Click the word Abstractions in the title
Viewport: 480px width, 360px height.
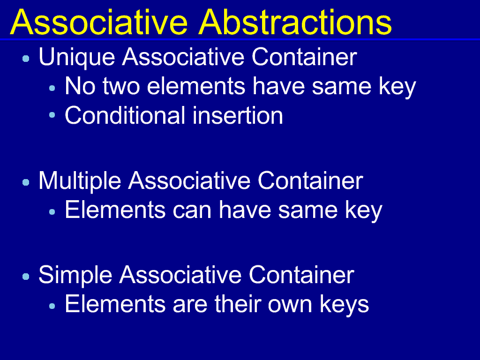point(295,22)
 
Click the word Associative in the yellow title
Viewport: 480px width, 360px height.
point(99,22)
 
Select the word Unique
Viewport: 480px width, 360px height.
point(77,58)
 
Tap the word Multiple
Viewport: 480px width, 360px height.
point(80,181)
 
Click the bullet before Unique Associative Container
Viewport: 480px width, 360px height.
point(26,59)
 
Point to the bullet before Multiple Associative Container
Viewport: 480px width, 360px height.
point(26,183)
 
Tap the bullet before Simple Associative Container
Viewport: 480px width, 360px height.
point(26,277)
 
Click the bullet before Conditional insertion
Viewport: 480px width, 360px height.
point(52,115)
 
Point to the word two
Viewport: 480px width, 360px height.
point(121,86)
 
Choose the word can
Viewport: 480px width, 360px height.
point(192,210)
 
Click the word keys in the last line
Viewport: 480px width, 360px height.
point(345,305)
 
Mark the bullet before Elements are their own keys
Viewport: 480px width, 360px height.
point(52,306)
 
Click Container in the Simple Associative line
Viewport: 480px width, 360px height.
point(301,275)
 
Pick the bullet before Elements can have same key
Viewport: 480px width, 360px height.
point(52,211)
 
